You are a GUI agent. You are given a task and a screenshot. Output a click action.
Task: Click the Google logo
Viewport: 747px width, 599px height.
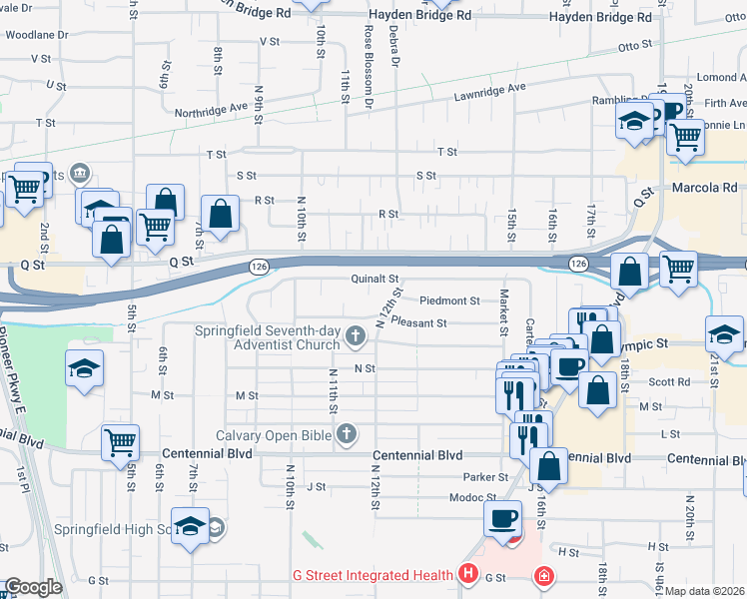coord(32,588)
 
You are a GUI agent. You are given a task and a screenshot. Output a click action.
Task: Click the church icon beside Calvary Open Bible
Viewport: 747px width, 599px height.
coord(347,434)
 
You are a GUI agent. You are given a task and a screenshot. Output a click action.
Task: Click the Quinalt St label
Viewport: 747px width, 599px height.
coord(374,280)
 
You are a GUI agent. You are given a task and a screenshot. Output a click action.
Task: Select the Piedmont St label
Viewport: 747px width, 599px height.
coord(449,300)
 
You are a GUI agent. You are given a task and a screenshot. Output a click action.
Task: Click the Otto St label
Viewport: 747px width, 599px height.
coord(634,46)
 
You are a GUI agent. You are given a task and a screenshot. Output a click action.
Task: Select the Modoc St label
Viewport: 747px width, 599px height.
coord(472,497)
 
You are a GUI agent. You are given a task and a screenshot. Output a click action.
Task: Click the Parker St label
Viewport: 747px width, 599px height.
coord(479,477)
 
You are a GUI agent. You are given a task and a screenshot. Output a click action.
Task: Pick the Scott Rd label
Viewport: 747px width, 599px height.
coord(669,381)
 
